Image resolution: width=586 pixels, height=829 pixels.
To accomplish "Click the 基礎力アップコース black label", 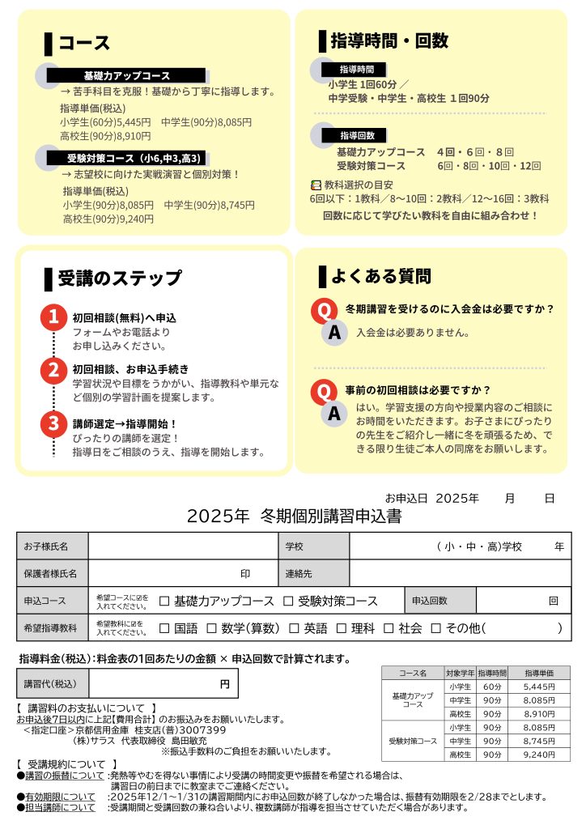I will (x=127, y=75).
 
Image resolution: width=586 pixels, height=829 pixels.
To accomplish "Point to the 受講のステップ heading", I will (x=120, y=278).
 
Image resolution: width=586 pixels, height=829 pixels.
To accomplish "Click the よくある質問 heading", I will (x=380, y=277).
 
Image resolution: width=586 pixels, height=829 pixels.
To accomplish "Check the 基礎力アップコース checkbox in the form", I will (x=164, y=602).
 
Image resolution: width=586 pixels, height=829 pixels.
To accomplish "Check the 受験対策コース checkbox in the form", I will (x=289, y=602).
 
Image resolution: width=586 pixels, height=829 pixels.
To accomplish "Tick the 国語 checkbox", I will (x=164, y=628).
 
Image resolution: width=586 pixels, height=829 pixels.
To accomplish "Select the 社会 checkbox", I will (x=389, y=628).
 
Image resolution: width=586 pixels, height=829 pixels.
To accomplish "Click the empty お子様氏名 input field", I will (x=183, y=546).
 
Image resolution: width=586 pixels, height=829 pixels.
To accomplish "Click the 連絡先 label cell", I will (x=313, y=573).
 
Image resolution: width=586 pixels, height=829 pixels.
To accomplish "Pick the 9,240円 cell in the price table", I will (x=539, y=755).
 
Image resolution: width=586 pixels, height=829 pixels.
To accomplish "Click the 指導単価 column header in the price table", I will (x=539, y=673).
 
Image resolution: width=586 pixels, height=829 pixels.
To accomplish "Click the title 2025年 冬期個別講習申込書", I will (x=294, y=517).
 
